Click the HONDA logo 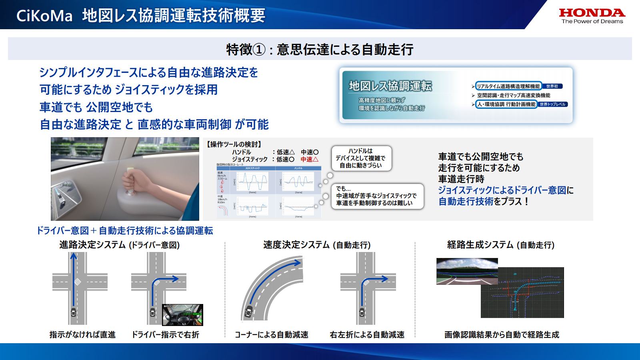[592, 16]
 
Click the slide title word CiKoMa [44, 16]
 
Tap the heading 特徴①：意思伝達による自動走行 [320, 49]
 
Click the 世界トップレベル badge [552, 104]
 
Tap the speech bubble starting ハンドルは [361, 158]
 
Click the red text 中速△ [310, 159]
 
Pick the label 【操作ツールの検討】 [234, 144]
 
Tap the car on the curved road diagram [248, 311]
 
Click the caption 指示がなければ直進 [82, 334]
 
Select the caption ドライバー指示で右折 [165, 334]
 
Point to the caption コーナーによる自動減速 [272, 334]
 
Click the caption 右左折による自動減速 [367, 334]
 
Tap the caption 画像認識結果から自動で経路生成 [502, 334]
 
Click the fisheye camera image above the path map [467, 271]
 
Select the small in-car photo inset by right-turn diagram [182, 314]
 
